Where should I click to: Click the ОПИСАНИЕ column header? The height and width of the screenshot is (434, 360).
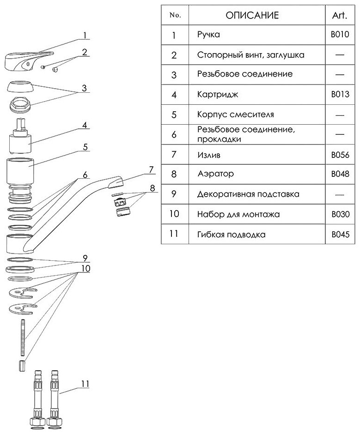coord(252,15)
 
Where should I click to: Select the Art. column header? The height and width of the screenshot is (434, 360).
coord(339,15)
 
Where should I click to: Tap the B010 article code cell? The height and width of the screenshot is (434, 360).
coord(339,35)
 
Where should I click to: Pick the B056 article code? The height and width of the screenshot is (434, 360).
coord(339,155)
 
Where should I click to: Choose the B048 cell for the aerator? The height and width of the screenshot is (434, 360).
coord(339,174)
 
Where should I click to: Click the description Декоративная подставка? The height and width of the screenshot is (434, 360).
coord(248,194)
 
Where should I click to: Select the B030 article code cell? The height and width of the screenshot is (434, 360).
coord(339,214)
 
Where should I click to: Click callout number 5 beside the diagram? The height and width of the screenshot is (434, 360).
coord(85,147)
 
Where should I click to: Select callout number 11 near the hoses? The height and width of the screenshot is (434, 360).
coord(85,383)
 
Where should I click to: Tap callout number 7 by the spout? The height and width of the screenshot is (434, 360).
coord(151,169)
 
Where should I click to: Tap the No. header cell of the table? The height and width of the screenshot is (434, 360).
coord(175,15)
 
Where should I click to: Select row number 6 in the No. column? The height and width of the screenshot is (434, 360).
coord(174,135)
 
